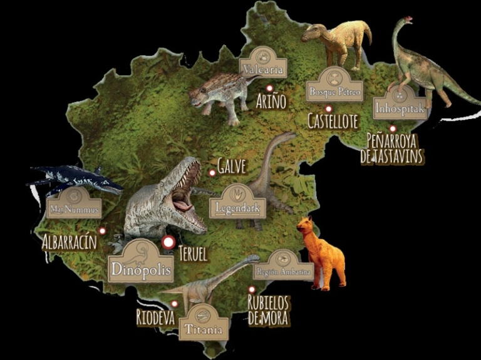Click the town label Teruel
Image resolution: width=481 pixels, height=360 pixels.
coord(192,254)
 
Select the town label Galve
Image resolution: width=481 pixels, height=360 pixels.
coord(232,166)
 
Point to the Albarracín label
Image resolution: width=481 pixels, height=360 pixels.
coord(70,242)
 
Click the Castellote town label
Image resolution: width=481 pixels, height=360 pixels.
coord(333,121)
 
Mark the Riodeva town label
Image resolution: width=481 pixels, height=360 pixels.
coord(155,317)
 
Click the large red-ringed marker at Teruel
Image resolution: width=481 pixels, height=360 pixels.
coord(168,242)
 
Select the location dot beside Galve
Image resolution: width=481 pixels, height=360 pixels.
coord(213,173)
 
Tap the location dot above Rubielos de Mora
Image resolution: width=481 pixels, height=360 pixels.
coord(251,289)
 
